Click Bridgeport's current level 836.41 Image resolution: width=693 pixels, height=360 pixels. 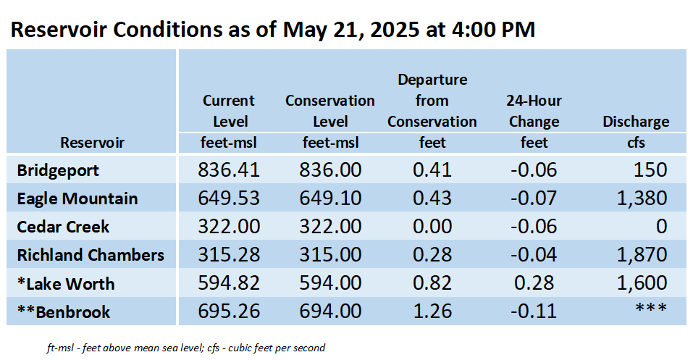point(229,169)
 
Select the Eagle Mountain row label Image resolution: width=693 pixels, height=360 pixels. point(77,198)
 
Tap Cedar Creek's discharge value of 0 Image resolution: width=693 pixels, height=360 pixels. point(661,227)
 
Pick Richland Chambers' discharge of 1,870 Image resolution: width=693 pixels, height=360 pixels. point(642,254)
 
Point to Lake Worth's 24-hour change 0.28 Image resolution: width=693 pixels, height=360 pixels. point(534,283)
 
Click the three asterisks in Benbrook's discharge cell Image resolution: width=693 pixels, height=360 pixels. point(650,307)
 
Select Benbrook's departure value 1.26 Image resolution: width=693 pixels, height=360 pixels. point(432,311)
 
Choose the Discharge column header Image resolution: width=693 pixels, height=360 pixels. point(636,122)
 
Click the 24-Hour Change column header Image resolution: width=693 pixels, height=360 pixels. point(534,111)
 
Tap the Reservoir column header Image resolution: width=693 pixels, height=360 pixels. point(93,143)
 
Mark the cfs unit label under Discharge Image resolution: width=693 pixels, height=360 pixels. point(636,143)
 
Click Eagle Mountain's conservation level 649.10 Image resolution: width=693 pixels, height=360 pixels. point(330,198)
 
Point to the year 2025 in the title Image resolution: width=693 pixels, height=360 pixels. point(395,30)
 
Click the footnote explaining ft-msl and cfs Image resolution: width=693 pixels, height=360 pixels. point(186,348)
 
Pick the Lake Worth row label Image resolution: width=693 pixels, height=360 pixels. point(66,283)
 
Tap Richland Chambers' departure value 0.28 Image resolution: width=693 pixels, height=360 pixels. point(432,255)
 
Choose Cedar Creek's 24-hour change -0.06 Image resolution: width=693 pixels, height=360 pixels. point(534,227)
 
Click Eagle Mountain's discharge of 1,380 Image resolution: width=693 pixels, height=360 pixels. point(642,198)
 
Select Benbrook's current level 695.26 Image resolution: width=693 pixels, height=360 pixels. point(229,311)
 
